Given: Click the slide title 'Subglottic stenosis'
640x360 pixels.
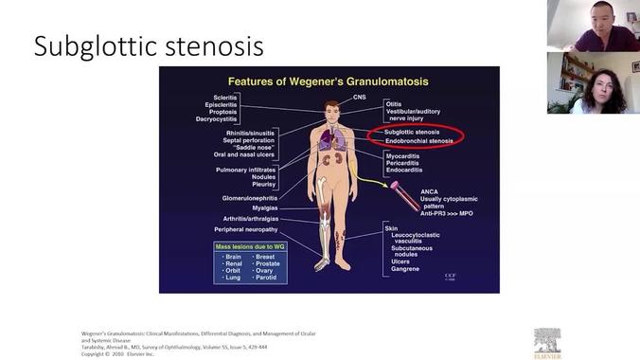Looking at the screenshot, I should [x=148, y=46].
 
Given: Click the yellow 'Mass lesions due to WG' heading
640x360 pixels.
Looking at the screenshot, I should [x=251, y=246].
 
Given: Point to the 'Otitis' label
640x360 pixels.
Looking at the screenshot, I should [x=396, y=102].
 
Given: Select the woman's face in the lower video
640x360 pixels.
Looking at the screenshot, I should [x=604, y=82].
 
